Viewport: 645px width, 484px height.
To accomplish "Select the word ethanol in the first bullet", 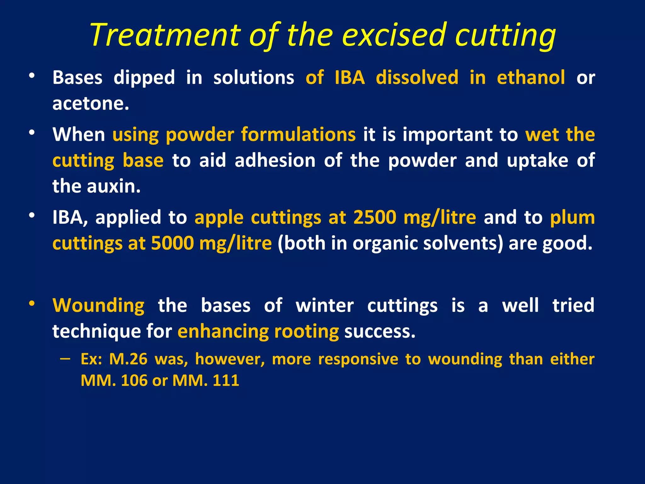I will click(531, 78).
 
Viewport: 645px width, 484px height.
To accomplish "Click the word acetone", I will click(91, 104).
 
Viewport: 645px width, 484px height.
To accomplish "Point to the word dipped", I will click(144, 78).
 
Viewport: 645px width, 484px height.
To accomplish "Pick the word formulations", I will click(298, 135).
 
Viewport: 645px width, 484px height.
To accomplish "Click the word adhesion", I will click(275, 160).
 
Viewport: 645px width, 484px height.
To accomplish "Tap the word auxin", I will click(113, 186).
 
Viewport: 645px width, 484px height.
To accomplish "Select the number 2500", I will click(374, 217).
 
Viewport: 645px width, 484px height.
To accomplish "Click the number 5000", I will click(172, 243).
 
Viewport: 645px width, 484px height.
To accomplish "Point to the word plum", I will click(572, 217).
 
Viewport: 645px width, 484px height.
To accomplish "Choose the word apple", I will click(219, 217).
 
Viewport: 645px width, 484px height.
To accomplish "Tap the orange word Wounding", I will click(98, 305).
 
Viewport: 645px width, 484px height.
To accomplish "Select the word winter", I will click(324, 305).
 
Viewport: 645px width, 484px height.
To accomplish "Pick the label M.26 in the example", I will click(128, 359).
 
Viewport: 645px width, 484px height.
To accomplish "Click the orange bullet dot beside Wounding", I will click(31, 303).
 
